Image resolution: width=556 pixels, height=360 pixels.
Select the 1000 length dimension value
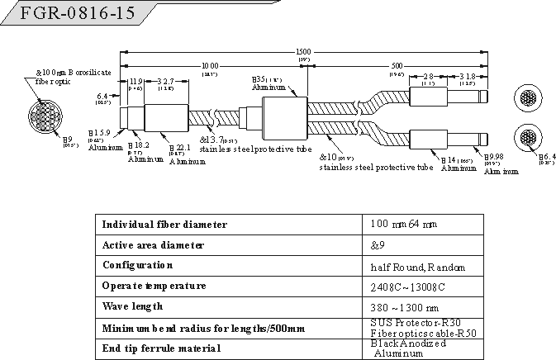[209, 65]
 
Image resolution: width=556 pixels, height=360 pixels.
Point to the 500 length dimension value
[397, 65]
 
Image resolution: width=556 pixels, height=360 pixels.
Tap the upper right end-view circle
[526, 97]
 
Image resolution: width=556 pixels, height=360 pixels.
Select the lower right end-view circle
[526, 138]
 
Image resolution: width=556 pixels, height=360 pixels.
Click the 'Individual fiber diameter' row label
[164, 225]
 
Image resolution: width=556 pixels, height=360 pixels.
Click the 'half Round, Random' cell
[418, 267]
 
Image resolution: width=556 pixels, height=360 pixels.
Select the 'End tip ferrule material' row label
[161, 348]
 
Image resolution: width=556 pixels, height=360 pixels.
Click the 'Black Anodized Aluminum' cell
[408, 348]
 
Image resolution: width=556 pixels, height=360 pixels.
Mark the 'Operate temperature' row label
[153, 286]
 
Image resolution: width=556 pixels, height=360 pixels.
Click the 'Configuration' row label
[137, 265]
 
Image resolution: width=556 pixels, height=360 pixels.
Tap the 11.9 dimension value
[136, 81]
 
